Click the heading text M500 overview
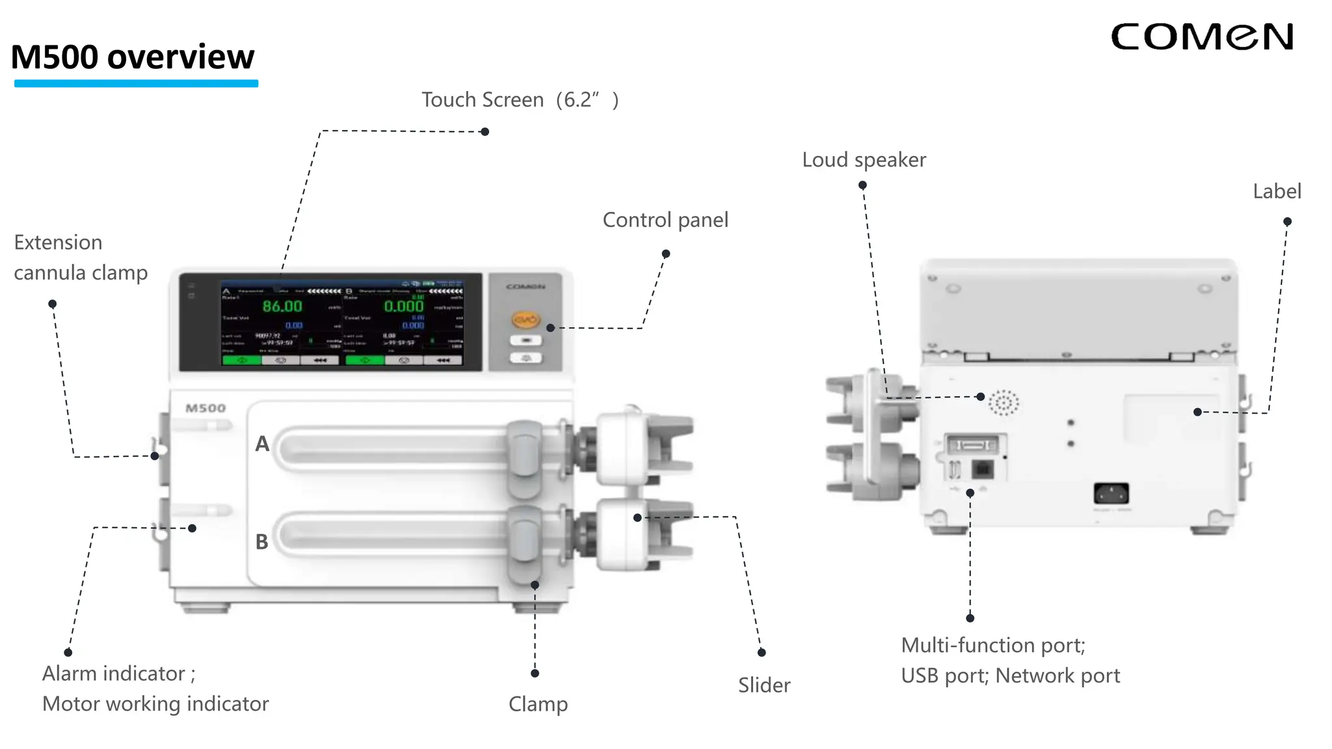(133, 57)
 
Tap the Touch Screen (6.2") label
(519, 100)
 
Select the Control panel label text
(665, 220)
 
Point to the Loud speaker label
(863, 160)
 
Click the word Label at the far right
(1276, 192)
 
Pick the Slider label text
(764, 685)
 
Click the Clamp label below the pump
(538, 704)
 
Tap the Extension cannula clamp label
(80, 257)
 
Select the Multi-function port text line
(992, 646)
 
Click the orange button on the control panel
(526, 320)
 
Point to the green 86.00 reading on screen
(282, 306)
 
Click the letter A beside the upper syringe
(262, 444)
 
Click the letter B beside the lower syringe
(262, 542)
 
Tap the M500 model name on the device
(206, 408)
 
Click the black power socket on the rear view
(1111, 493)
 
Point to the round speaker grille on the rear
(1004, 403)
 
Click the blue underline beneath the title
(136, 83)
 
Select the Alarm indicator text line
(118, 674)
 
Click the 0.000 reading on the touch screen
(404, 306)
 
